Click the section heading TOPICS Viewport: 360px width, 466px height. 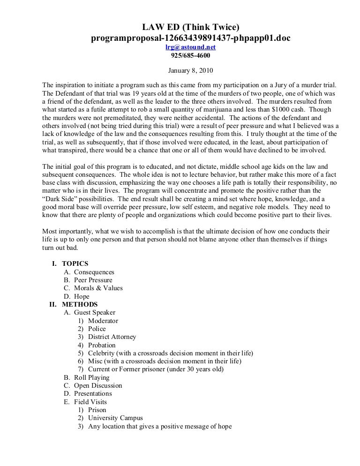(75, 263)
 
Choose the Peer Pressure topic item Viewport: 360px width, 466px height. (93, 280)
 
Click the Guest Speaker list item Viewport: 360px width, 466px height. (95, 312)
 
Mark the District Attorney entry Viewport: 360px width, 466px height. (112, 337)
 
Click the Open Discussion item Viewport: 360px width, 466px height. (98, 385)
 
